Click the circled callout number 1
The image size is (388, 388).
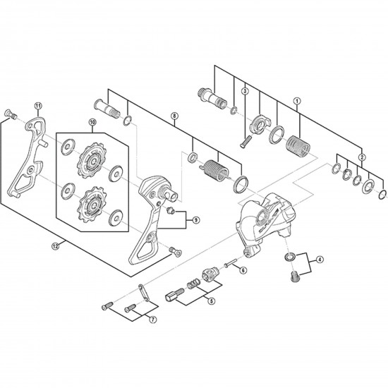pyautogui.click(x=298, y=100)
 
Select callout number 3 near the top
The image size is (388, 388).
pyautogui.click(x=245, y=90)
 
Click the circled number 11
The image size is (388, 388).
pyautogui.click(x=37, y=105)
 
